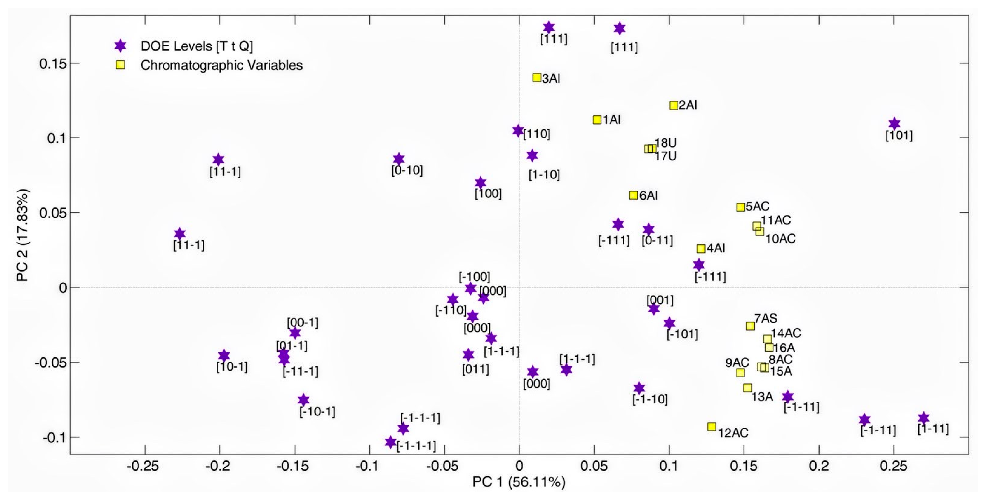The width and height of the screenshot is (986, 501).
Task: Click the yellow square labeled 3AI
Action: [x=537, y=78]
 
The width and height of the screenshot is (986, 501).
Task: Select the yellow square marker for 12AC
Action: [x=712, y=427]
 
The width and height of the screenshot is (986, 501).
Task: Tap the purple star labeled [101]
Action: [x=894, y=124]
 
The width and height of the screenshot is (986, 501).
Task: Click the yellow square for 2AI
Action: [x=674, y=105]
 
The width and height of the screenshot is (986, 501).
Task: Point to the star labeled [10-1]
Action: [x=224, y=356]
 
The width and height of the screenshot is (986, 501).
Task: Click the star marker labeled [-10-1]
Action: [x=304, y=400]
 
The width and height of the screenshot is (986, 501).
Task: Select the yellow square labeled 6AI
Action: [x=634, y=195]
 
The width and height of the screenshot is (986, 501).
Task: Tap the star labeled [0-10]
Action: [x=399, y=159]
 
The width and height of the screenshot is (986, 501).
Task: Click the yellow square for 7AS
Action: [x=750, y=326]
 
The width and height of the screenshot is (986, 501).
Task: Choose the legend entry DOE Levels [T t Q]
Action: [x=196, y=46]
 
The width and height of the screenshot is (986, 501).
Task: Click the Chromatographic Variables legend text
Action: [x=221, y=65]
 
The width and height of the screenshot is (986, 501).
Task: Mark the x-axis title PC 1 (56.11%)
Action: [x=519, y=482]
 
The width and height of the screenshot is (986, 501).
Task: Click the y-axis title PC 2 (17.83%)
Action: [x=22, y=235]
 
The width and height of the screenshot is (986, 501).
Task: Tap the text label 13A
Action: [x=762, y=397]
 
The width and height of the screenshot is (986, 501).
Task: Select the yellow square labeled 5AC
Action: [x=741, y=207]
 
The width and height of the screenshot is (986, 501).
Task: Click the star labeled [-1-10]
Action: [x=639, y=388]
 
